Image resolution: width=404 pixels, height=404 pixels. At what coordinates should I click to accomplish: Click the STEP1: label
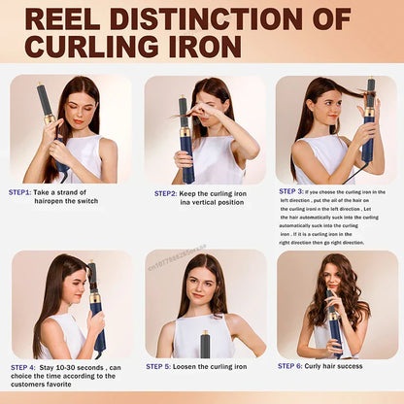[20, 192]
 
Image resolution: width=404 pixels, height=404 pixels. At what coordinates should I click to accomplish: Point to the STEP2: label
[165, 193]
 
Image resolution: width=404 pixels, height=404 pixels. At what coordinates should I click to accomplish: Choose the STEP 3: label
[291, 191]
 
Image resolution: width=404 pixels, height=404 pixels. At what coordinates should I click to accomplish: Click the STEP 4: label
[23, 367]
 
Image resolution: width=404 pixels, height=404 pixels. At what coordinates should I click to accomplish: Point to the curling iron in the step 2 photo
[185, 136]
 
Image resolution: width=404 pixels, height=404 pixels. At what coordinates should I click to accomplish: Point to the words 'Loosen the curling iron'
[214, 366]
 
